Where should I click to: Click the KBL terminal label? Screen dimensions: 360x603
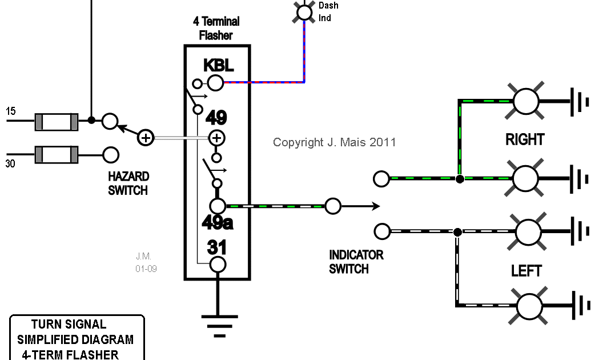[x=219, y=65]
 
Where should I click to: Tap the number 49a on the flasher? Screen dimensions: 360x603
[x=218, y=222]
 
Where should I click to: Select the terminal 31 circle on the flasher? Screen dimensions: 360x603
[x=218, y=265]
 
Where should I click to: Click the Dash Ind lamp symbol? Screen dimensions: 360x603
[x=305, y=11]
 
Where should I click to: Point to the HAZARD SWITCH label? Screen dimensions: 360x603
[x=128, y=183]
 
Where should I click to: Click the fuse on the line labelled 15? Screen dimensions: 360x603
[x=57, y=121]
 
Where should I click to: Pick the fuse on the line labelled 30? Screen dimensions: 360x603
[x=57, y=154]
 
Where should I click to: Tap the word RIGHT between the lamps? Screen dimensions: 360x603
[x=525, y=139]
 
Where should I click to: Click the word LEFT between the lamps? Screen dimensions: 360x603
[x=526, y=270]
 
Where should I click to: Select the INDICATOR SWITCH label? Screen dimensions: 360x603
[x=356, y=262]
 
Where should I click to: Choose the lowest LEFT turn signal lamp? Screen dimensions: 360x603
[x=528, y=305]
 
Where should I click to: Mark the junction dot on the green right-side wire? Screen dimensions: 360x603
[x=460, y=179]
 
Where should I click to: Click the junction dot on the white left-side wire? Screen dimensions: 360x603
[x=457, y=232]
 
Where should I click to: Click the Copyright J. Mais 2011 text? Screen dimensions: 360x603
[x=334, y=142]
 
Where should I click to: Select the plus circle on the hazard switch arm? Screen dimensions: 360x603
[x=146, y=138]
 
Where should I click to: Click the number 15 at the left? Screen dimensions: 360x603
[x=11, y=111]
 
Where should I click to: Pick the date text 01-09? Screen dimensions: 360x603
[x=146, y=268]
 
